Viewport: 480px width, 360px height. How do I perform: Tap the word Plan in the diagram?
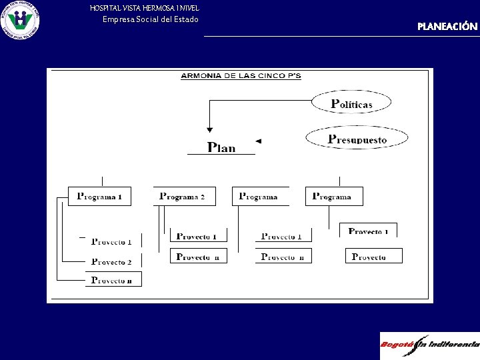(x=221, y=147)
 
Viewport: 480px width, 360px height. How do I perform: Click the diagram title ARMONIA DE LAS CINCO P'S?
(x=241, y=76)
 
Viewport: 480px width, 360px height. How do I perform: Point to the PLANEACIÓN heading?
(x=447, y=27)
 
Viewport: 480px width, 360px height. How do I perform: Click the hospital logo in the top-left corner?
(x=20, y=20)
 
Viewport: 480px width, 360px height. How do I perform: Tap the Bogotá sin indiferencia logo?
(x=429, y=345)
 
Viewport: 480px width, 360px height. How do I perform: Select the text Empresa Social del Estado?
(x=150, y=19)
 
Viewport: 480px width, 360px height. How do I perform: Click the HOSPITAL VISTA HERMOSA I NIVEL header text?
(x=144, y=7)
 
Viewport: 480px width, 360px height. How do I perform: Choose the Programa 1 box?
(x=100, y=197)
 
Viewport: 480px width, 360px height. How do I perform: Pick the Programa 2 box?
(x=184, y=197)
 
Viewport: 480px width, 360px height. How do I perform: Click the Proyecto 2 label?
(x=111, y=262)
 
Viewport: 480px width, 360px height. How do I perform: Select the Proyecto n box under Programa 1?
(x=113, y=280)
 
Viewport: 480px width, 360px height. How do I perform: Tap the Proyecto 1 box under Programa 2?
(x=198, y=236)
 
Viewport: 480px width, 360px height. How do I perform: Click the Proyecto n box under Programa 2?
(x=198, y=257)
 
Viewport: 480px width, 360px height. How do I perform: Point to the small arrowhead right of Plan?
(x=259, y=141)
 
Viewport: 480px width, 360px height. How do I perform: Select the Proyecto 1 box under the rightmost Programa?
(x=368, y=231)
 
